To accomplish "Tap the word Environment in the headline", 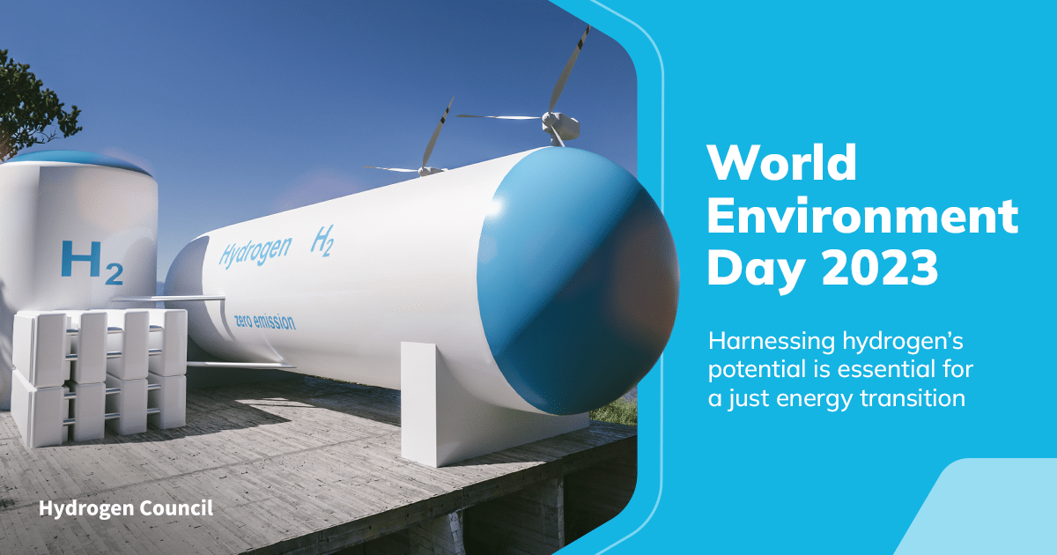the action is (x=862, y=215).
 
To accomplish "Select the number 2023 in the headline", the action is (x=880, y=268).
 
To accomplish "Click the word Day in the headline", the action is (x=756, y=271).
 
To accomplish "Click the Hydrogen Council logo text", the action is (x=125, y=509).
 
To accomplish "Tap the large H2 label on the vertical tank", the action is (x=92, y=263).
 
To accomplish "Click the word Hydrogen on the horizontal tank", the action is (x=255, y=252).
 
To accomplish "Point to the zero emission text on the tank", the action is (x=265, y=322).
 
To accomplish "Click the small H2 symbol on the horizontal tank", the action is (x=322, y=240).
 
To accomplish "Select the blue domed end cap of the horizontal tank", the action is (x=578, y=281).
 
